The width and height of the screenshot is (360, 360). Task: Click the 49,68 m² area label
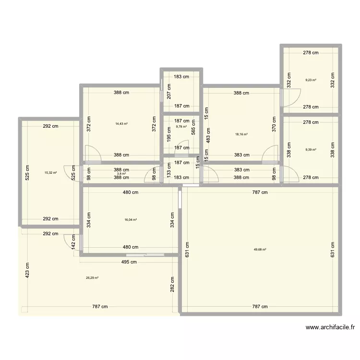(x=260, y=249)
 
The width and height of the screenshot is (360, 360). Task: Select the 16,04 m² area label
(x=131, y=220)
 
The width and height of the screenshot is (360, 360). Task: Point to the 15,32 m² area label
(x=50, y=173)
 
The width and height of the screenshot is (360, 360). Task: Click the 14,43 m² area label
(x=121, y=123)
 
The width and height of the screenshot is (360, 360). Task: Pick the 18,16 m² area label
(x=241, y=134)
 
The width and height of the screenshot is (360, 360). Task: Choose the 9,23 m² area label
(x=311, y=80)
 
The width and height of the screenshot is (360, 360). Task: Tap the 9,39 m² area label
(x=311, y=149)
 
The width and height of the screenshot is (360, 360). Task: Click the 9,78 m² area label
(x=181, y=127)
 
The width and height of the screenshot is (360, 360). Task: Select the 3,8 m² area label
(x=121, y=174)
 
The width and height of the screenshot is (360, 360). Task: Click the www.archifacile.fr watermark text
(x=330, y=328)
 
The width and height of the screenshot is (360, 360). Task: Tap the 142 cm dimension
(x=74, y=241)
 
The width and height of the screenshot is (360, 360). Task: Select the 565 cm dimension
(x=194, y=128)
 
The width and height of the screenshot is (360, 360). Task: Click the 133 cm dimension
(x=168, y=170)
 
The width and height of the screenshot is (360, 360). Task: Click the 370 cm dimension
(x=274, y=124)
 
